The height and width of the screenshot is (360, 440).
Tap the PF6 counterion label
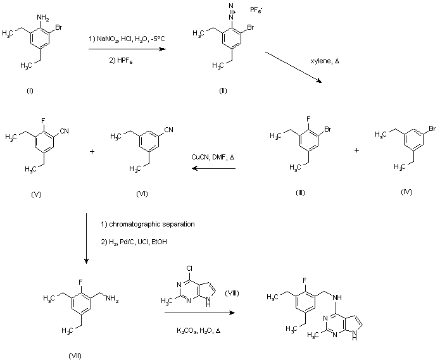point(256,10)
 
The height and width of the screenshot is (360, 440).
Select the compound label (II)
point(223,90)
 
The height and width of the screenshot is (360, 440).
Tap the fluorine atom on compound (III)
point(308,119)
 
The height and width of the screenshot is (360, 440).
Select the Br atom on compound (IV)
point(432,129)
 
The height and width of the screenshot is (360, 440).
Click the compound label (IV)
point(406,192)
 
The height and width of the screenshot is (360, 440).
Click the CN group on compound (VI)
point(169,130)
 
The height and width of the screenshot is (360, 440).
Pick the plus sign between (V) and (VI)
point(92,152)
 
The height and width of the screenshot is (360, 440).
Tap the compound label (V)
point(36,195)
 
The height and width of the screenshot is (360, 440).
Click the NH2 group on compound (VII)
point(112,299)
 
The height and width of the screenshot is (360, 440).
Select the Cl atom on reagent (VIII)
point(189,268)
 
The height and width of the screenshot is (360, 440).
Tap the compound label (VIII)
point(232,294)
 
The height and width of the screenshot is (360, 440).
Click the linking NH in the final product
point(337,297)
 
